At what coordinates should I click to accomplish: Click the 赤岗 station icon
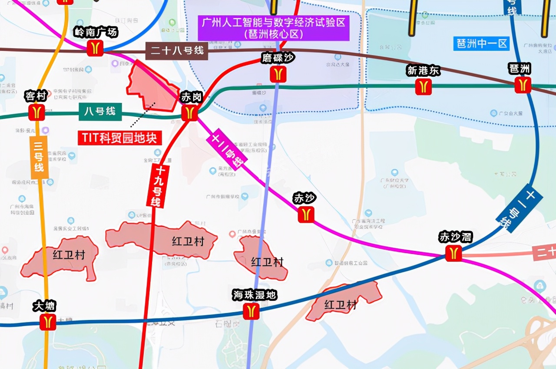(189, 113)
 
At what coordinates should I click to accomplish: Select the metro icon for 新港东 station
(424, 87)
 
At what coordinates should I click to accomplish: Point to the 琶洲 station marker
(523, 85)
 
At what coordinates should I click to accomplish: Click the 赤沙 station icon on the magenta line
(306, 214)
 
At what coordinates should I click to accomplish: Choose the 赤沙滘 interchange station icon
(453, 253)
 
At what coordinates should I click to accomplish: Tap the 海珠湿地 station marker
(251, 311)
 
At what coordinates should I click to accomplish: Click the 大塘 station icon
(48, 322)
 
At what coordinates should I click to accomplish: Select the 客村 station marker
(37, 112)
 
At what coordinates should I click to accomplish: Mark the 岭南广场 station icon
(95, 48)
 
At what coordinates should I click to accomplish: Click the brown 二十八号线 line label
(177, 51)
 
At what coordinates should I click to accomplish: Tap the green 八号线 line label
(100, 111)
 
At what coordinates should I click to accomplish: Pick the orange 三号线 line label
(39, 157)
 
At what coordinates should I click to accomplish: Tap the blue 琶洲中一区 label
(481, 43)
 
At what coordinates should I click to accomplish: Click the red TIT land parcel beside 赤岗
(150, 87)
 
